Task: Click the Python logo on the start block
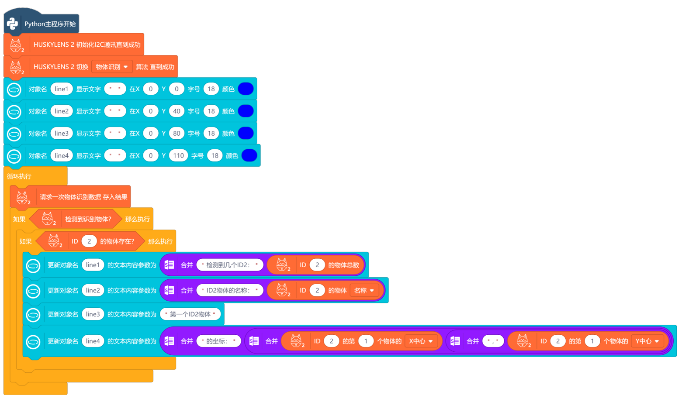tap(13, 24)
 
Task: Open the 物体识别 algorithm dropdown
tap(112, 67)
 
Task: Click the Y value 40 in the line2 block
tap(177, 111)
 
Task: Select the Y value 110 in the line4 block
tap(178, 156)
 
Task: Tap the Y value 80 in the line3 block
tap(177, 134)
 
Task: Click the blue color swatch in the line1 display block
tap(246, 89)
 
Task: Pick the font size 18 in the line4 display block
tap(215, 156)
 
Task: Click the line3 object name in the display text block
tap(62, 134)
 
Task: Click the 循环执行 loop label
tap(19, 176)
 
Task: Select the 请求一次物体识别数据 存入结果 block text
tap(83, 197)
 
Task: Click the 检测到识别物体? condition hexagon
tap(88, 219)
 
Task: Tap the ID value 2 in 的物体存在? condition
tap(89, 241)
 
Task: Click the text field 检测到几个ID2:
tap(230, 265)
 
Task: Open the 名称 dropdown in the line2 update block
tap(364, 291)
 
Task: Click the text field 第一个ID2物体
tap(190, 314)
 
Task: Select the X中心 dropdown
tap(421, 341)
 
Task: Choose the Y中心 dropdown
tap(647, 341)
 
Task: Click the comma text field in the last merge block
tap(493, 341)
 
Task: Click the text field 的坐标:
tap(218, 341)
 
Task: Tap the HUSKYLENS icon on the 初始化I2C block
tap(16, 45)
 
